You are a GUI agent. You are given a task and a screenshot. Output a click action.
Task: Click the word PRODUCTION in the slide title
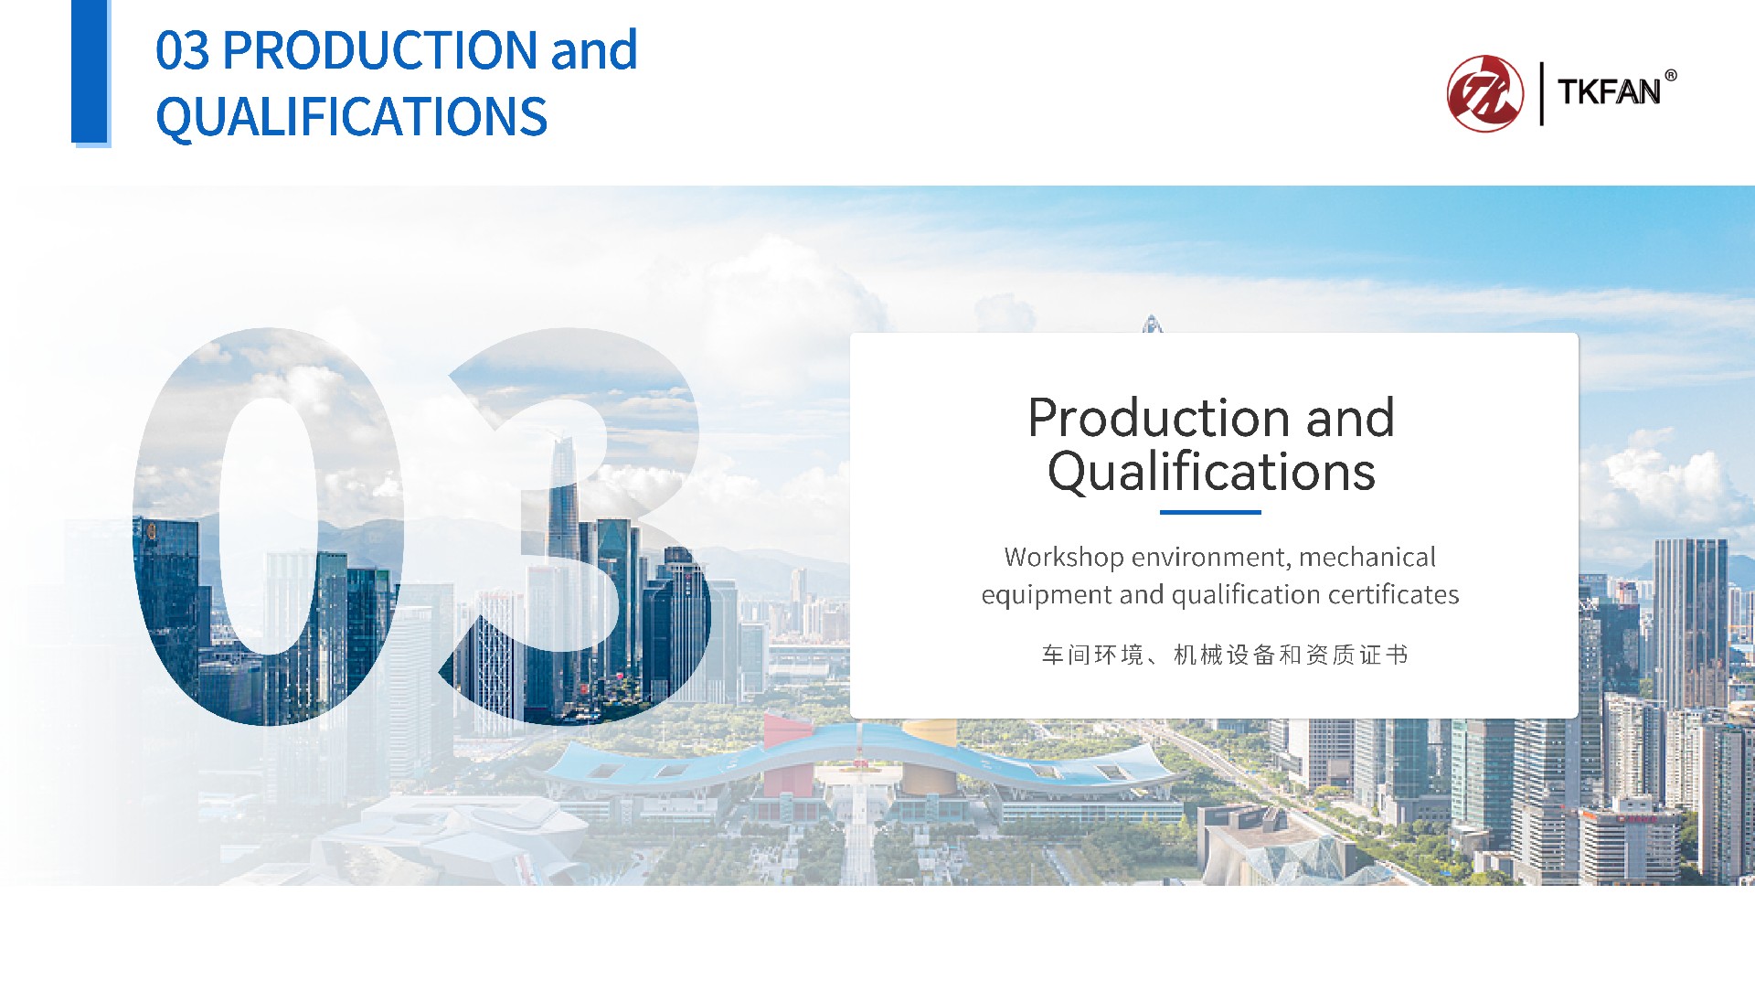coord(379,50)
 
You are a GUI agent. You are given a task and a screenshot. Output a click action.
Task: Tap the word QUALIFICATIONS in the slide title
coord(351,117)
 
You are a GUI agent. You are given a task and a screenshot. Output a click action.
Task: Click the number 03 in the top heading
coord(182,50)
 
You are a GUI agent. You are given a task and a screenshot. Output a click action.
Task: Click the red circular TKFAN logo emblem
coord(1485,93)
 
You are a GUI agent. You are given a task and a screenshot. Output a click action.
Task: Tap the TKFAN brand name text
coord(1609,92)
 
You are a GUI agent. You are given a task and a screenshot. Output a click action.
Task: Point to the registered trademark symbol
coord(1671,76)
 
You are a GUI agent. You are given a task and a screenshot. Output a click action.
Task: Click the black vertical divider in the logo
coord(1542,93)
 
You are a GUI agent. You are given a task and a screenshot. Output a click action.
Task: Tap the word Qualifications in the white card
coord(1211,473)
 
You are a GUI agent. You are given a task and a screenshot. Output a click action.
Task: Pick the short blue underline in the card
coord(1210,512)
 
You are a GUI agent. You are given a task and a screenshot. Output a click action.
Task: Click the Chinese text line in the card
coord(1225,655)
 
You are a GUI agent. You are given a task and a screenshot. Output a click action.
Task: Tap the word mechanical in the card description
coord(1367,557)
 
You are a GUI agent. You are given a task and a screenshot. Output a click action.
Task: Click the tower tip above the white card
coord(1152,316)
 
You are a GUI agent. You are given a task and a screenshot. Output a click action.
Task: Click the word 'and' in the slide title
coord(594,50)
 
